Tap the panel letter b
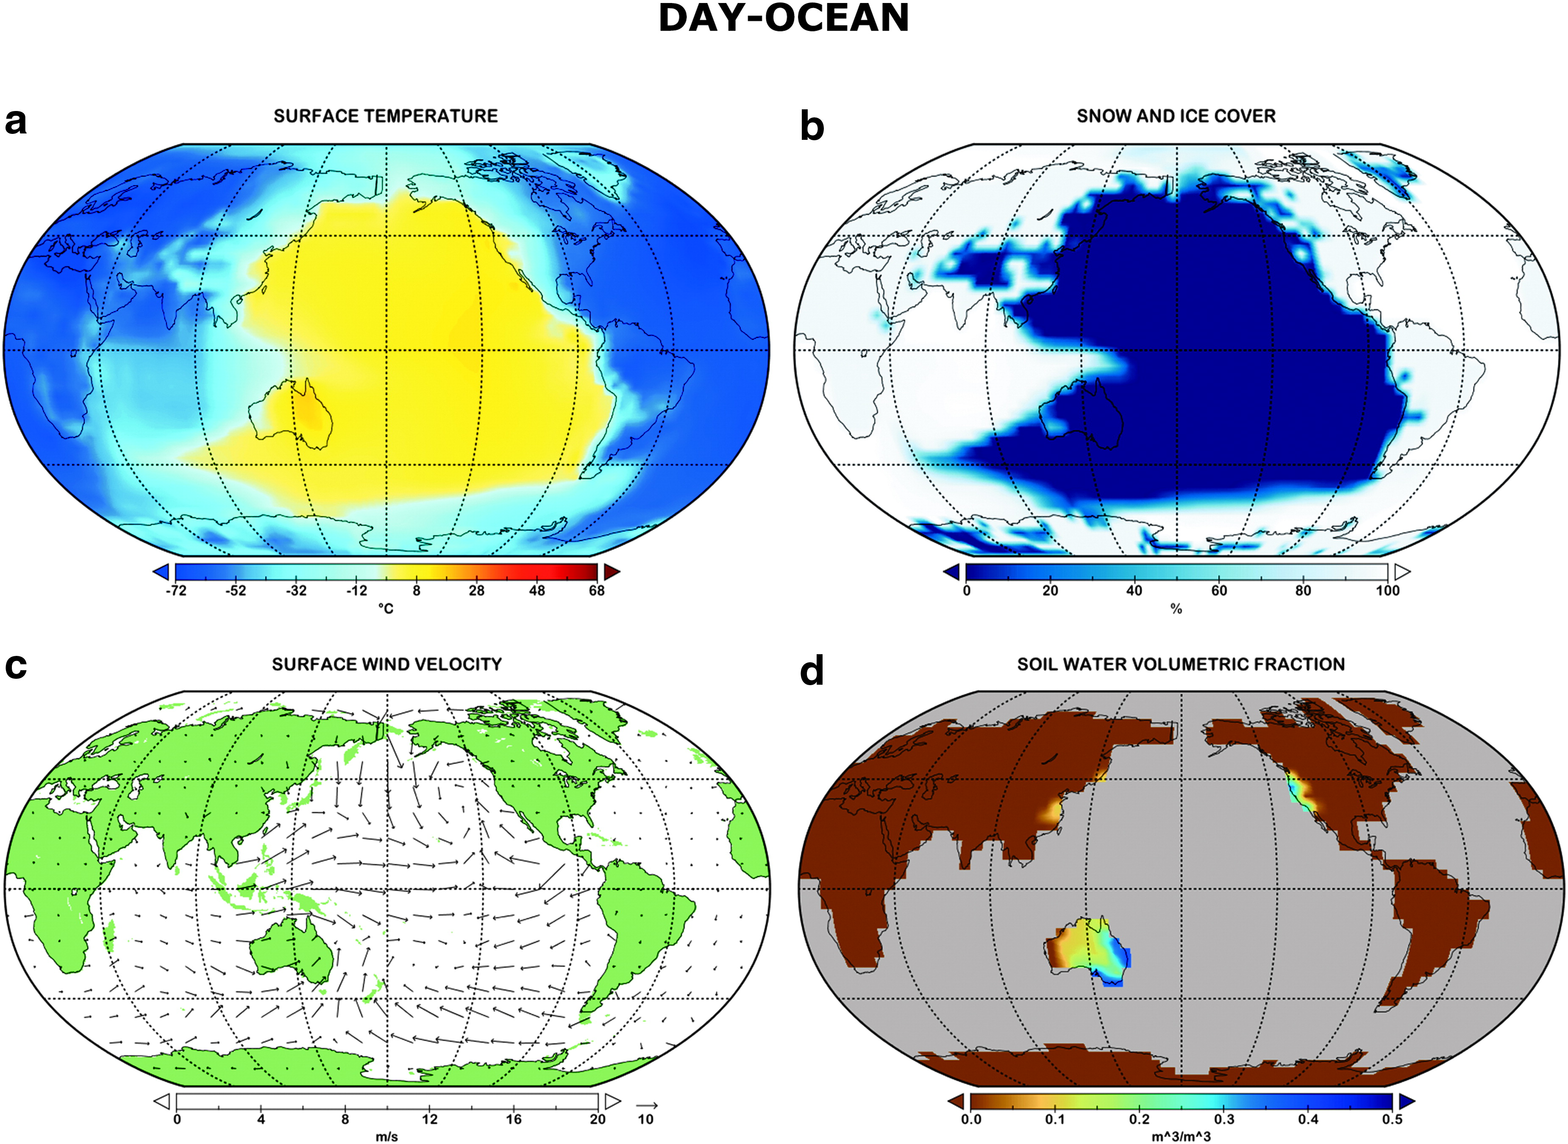point(812,127)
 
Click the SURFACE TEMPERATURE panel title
point(386,117)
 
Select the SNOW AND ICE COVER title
point(1176,117)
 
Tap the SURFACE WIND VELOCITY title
point(386,665)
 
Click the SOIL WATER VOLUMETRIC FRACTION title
point(1181,665)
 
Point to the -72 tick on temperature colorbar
point(176,591)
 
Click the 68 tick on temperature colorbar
point(596,591)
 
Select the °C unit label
point(386,609)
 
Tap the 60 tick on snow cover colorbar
point(1218,591)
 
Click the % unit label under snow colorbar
point(1176,609)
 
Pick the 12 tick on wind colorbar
point(429,1119)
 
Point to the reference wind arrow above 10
point(646,1105)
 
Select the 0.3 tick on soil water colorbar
point(1224,1119)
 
